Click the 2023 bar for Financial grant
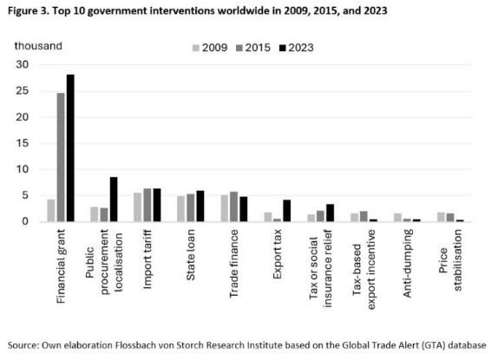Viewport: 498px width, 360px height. pyautogui.click(x=70, y=148)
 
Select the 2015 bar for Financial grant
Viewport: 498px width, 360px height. pyautogui.click(x=61, y=157)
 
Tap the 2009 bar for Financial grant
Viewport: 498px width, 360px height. pyautogui.click(x=51, y=211)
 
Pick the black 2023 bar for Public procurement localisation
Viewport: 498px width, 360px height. pyautogui.click(x=114, y=199)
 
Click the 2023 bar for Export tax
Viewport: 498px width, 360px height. pyautogui.click(x=287, y=211)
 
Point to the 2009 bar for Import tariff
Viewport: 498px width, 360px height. pyautogui.click(x=138, y=207)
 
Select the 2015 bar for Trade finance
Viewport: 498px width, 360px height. pyautogui.click(x=233, y=206)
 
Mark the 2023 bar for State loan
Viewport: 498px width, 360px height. pyautogui.click(x=200, y=206)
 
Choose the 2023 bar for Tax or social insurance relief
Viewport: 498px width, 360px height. pyautogui.click(x=330, y=213)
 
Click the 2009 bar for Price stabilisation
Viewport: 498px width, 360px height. pyautogui.click(x=441, y=217)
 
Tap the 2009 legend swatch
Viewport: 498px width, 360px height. pyautogui.click(x=196, y=48)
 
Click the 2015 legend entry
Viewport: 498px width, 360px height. pyautogui.click(x=253, y=48)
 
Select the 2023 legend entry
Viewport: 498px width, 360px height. pyautogui.click(x=297, y=48)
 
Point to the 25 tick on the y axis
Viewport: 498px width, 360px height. pyautogui.click(x=23, y=91)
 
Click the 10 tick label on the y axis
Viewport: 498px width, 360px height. pyautogui.click(x=23, y=169)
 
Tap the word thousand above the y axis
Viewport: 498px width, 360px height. pyautogui.click(x=38, y=46)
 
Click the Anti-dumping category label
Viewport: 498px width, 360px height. pyautogui.click(x=407, y=263)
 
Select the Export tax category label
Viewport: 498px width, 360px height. pyautogui.click(x=277, y=254)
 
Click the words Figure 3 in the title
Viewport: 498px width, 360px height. pyautogui.click(x=28, y=11)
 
